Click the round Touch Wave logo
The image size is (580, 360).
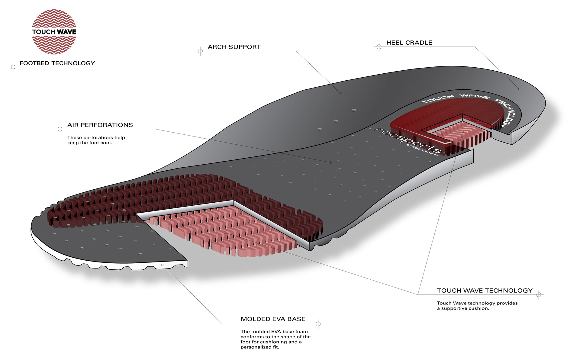coord(54,32)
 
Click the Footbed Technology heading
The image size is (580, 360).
coord(57,63)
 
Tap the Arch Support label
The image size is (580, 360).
coord(234,47)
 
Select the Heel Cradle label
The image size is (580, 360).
coord(409,43)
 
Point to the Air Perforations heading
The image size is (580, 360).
coord(100,125)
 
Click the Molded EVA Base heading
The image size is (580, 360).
coord(273,319)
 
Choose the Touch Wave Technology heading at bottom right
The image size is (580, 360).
coord(485,291)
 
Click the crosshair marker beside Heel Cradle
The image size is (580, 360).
coord(379,47)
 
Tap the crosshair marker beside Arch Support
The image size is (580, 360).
coord(200,51)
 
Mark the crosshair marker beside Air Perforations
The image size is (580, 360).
coord(60,129)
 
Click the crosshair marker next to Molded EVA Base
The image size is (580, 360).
coord(318,324)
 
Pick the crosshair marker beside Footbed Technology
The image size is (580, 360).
coord(13,67)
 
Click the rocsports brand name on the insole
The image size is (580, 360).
coord(408,141)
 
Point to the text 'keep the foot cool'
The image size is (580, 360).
coord(90,143)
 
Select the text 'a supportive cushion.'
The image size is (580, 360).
coord(463,308)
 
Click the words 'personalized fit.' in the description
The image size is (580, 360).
coord(260,347)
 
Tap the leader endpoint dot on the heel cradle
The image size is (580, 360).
coord(519,89)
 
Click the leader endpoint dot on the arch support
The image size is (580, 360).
coord(340,93)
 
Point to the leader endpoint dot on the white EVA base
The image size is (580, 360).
coord(163,265)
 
